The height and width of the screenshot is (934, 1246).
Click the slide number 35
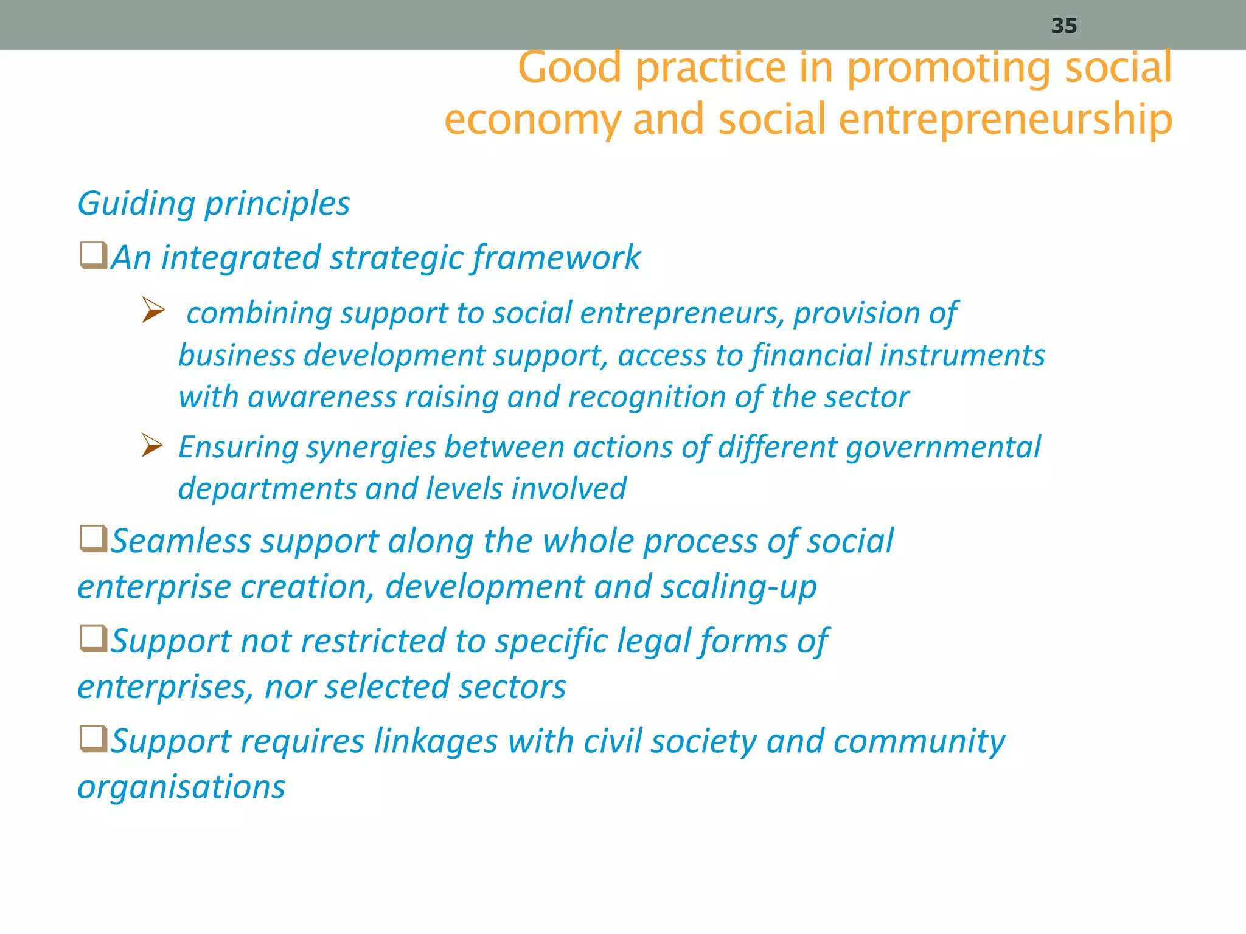coord(1064,26)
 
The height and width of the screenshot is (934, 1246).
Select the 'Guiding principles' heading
coord(214,203)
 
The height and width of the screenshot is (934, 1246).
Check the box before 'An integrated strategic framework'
coord(94,255)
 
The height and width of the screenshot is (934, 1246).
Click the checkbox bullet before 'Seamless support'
coord(94,539)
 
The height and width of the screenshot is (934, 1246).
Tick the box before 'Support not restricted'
coord(94,639)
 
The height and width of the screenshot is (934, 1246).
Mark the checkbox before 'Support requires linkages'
coord(94,739)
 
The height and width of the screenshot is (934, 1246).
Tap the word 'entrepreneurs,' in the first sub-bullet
coord(681,314)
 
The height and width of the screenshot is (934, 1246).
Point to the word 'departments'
coord(266,489)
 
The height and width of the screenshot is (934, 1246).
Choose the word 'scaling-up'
coord(739,587)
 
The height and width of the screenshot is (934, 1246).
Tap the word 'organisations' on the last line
coord(181,787)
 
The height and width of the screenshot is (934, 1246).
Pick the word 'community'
coord(919,742)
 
